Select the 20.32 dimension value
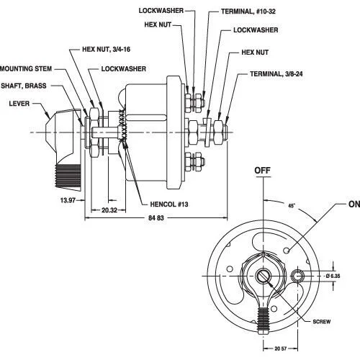click(x=109, y=211)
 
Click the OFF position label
click(x=263, y=170)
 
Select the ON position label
click(x=353, y=204)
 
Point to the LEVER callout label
click(x=19, y=103)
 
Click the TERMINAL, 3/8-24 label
click(x=278, y=74)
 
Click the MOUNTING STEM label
click(x=25, y=69)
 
